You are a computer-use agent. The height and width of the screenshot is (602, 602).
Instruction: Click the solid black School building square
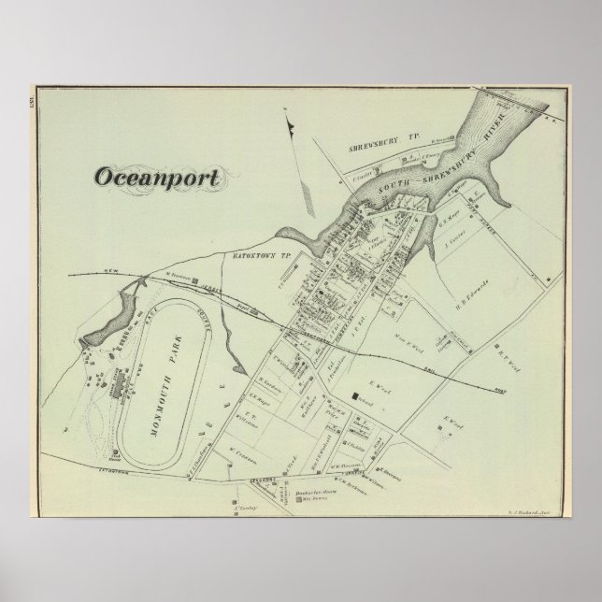pos(355,398)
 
